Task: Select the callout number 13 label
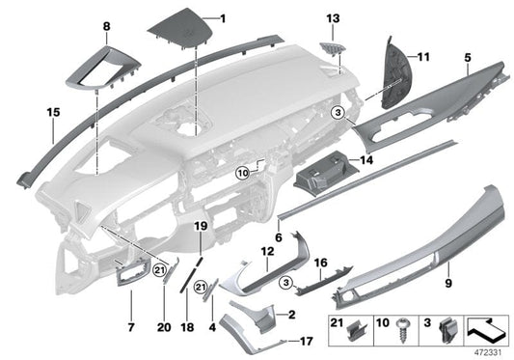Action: tap(333, 18)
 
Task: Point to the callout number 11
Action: tap(421, 57)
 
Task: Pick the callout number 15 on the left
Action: tap(26, 112)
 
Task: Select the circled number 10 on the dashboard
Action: tap(242, 174)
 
